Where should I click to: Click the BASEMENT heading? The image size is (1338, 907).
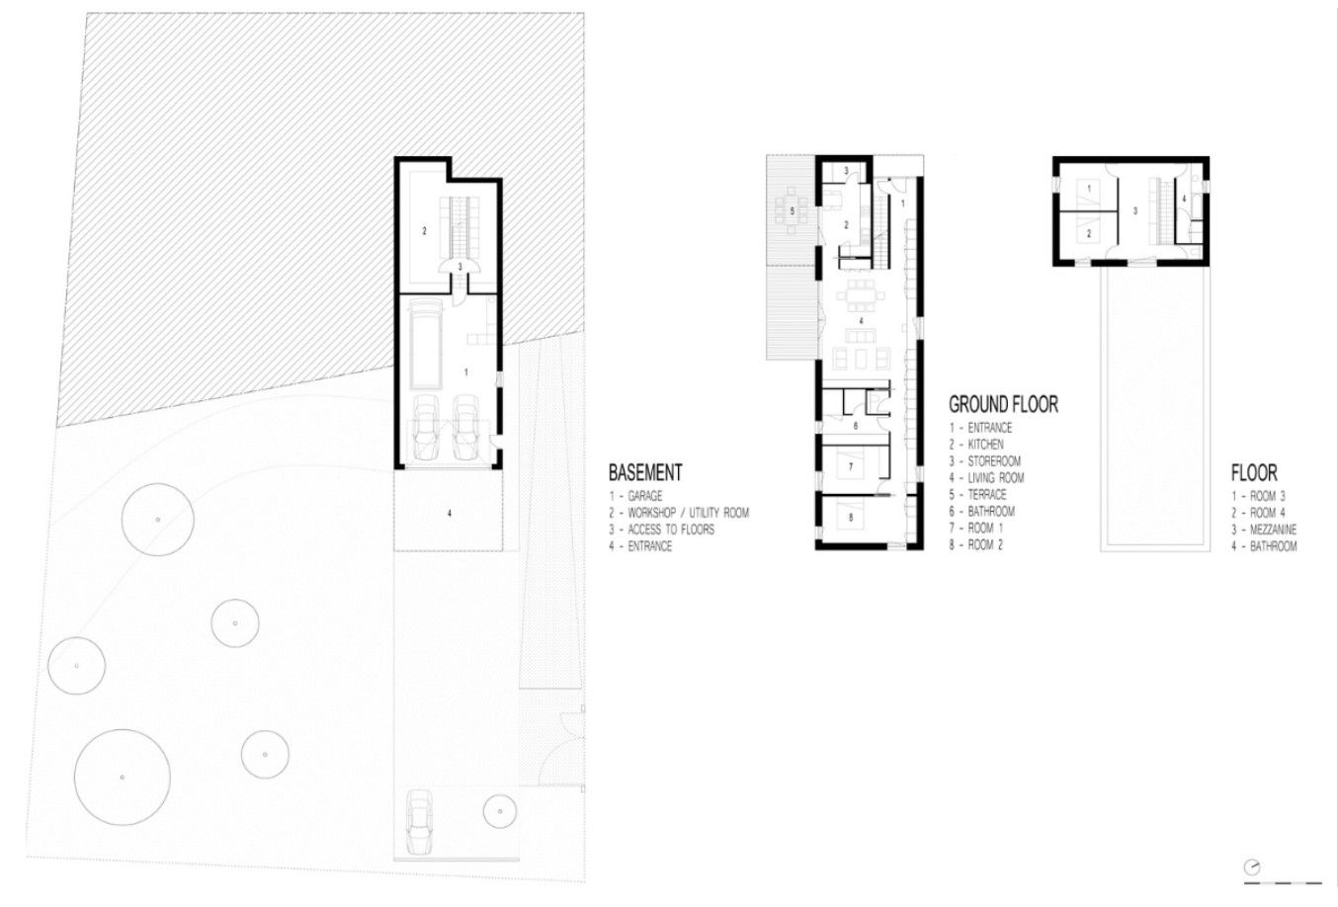[x=645, y=473]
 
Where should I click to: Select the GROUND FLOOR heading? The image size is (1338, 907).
[x=1004, y=405]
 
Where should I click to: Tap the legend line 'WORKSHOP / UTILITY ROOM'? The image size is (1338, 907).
[x=688, y=513]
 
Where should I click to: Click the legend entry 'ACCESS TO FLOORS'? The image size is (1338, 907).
[x=671, y=530]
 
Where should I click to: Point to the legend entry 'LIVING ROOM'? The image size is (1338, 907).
[x=996, y=477]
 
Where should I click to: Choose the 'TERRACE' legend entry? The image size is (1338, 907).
[x=987, y=494]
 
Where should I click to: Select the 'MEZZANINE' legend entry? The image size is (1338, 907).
[x=1273, y=530]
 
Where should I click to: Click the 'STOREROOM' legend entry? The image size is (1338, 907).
[x=994, y=461]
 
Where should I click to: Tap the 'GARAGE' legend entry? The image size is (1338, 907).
[x=645, y=496]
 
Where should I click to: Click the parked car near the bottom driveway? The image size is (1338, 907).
[x=419, y=822]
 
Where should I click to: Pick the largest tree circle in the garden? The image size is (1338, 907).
[x=123, y=778]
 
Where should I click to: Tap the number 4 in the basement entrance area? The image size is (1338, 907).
[x=450, y=513]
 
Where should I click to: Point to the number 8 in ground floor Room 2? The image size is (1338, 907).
[x=851, y=518]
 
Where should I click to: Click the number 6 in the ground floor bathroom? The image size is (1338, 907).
[x=856, y=426]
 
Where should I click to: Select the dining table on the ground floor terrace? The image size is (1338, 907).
[x=793, y=210]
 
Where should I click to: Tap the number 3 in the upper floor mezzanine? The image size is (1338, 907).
[x=1134, y=210]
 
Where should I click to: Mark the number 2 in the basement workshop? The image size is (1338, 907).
[x=425, y=231]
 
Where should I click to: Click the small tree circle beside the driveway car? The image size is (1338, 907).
[x=499, y=811]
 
